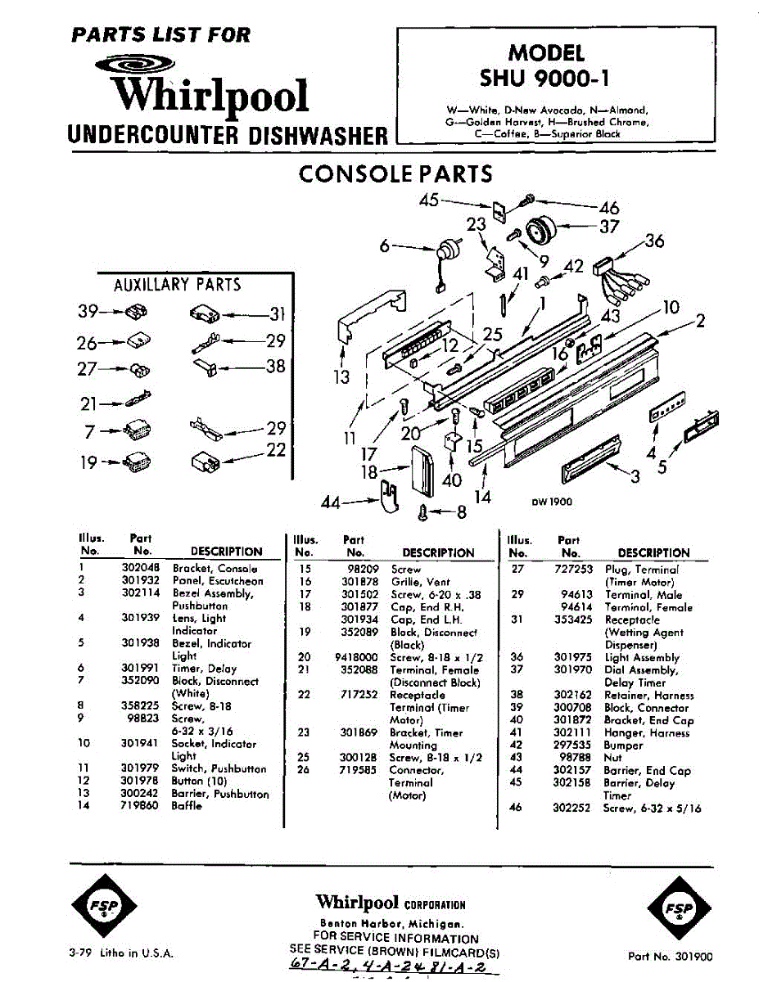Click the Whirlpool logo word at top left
pyautogui.click(x=211, y=96)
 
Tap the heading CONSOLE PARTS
pyautogui.click(x=395, y=174)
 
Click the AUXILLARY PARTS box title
pyautogui.click(x=177, y=285)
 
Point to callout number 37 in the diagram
pyautogui.click(x=608, y=226)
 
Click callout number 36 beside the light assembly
pyautogui.click(x=654, y=241)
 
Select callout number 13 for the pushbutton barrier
pyautogui.click(x=341, y=376)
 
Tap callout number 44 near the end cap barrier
pyautogui.click(x=330, y=503)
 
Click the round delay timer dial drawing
pyautogui.click(x=541, y=231)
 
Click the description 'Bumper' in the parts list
pyautogui.click(x=623, y=746)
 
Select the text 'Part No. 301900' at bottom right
pyautogui.click(x=671, y=955)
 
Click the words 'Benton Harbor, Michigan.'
pyautogui.click(x=391, y=923)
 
